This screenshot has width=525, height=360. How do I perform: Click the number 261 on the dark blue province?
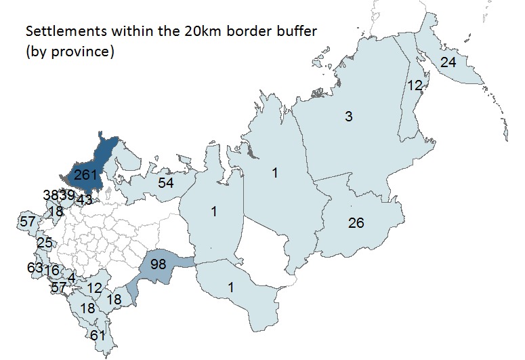coord(86,174)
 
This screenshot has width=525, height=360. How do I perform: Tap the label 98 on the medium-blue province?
coord(158,264)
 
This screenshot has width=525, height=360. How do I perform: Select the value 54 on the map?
coord(167,183)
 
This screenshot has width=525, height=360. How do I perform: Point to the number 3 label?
coord(348,117)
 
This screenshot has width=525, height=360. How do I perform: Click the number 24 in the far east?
coord(448,62)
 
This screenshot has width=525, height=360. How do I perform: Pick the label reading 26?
coord(356,222)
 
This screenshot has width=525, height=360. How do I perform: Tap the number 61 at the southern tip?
coord(98,336)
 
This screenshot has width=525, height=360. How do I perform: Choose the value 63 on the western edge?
coord(35,268)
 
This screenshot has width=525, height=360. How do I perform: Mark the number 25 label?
coord(45,243)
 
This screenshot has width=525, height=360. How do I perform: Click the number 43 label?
coord(84,200)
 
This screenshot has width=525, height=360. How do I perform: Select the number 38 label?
coord(50,195)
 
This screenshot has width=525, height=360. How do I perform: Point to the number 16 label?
coord(51,271)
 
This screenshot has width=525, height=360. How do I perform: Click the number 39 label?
coord(66,195)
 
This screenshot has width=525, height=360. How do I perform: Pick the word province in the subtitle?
coord(81,52)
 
